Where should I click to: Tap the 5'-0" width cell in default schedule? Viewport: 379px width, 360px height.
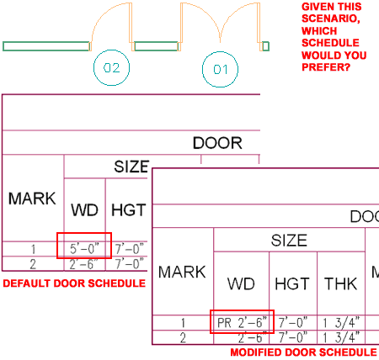point(84,249)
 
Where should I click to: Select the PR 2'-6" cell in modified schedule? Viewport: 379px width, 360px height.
point(242,322)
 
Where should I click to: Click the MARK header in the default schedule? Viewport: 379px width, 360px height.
point(32,199)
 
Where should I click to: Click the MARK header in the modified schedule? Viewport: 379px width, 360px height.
point(182,272)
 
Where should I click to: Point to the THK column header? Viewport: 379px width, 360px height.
point(341,283)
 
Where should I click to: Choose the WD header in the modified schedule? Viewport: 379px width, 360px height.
point(241,283)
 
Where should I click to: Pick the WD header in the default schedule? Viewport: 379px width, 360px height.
point(84,210)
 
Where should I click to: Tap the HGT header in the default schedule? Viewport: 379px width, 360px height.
point(129,210)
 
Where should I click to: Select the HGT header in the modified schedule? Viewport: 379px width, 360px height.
point(292,283)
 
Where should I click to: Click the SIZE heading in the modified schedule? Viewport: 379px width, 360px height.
point(289,241)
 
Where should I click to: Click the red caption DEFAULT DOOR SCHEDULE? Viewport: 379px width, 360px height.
point(74,283)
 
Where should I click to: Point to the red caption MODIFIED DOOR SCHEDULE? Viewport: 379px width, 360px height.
point(303,352)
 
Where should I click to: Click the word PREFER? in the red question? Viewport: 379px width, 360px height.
point(326,67)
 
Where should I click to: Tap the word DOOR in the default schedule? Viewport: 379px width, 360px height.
point(217,143)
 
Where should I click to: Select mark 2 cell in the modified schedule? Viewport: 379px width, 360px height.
point(183,338)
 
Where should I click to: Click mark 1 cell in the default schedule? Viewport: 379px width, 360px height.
point(33,249)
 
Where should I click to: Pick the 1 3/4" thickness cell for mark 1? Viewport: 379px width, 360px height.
point(341,322)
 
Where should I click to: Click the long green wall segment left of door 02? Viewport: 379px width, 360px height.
point(46,46)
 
